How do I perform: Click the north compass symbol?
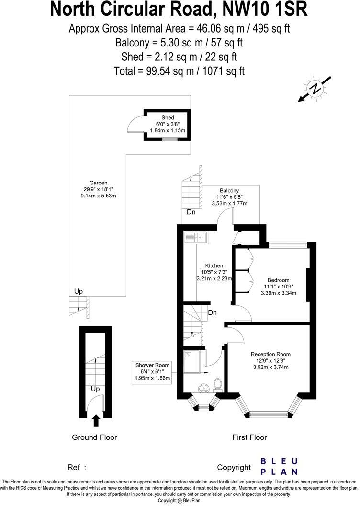[315, 89]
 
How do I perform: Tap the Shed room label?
[168, 117]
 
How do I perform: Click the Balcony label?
[229, 190]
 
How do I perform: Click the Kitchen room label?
[214, 265]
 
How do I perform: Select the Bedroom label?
[278, 280]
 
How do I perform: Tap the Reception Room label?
[270, 354]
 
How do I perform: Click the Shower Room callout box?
[152, 371]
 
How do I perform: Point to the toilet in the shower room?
[218, 384]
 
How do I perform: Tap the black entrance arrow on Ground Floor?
[96, 420]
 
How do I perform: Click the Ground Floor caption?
[94, 437]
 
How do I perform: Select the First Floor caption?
[249, 437]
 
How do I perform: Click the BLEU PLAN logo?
[279, 466]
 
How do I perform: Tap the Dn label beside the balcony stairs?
[191, 212]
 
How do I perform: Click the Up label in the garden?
[78, 291]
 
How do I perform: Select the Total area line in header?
[180, 71]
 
